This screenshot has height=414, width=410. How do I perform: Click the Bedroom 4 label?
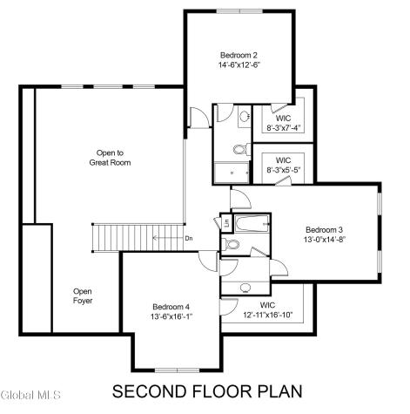click(171, 306)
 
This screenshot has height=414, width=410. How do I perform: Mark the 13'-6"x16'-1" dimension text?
click(171, 316)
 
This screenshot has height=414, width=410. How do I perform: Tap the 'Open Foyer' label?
click(83, 296)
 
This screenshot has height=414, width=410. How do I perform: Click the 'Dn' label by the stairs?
click(188, 238)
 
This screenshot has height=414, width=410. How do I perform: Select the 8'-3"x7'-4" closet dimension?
click(283, 128)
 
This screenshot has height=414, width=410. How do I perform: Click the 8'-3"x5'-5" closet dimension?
click(283, 170)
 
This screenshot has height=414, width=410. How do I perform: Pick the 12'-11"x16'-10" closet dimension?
click(269, 315)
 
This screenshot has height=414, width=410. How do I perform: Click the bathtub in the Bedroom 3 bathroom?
click(252, 225)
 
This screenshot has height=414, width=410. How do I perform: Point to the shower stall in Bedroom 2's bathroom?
click(232, 173)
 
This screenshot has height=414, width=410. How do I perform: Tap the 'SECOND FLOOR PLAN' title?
click(207, 390)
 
